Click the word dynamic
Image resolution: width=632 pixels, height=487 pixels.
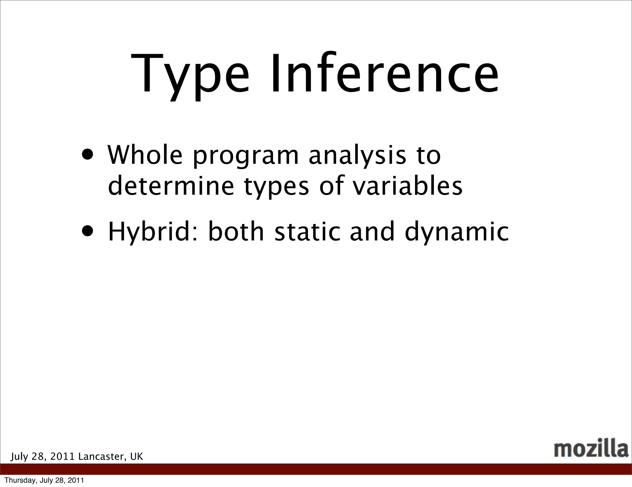(456, 232)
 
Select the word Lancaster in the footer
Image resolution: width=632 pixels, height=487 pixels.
(102, 457)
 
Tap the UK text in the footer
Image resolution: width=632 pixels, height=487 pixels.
(136, 457)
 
